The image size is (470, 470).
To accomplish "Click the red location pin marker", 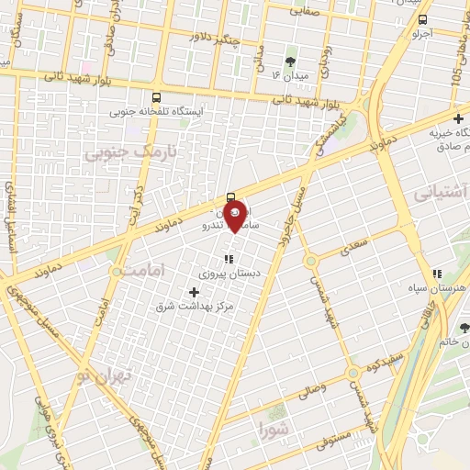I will (x=235, y=215).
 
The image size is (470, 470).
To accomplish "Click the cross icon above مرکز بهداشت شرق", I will (x=194, y=292).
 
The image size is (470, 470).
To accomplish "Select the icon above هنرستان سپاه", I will (x=438, y=274).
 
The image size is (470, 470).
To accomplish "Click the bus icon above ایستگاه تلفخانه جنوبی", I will (x=156, y=96).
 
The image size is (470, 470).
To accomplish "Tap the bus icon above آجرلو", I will (x=422, y=19).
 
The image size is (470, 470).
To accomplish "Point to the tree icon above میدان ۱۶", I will (x=291, y=62).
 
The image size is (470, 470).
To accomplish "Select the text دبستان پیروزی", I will (x=228, y=274).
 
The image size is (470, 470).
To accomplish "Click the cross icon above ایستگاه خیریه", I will (x=458, y=117).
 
